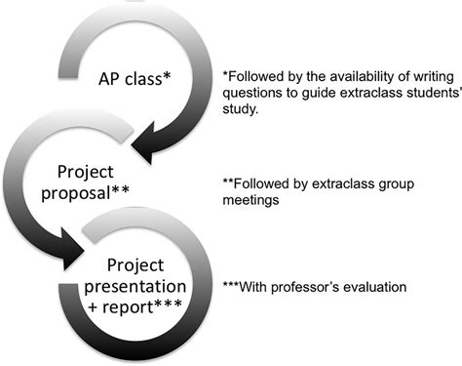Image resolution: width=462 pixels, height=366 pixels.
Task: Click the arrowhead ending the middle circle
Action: (x=73, y=261)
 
